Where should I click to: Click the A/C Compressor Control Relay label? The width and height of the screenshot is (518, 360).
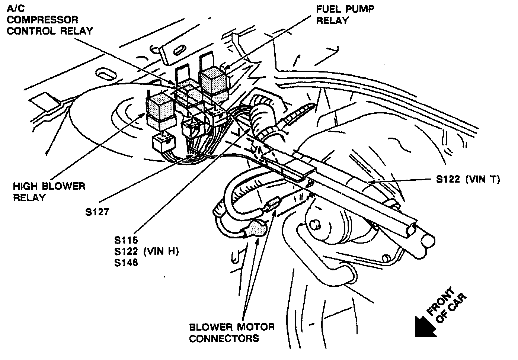[49, 20]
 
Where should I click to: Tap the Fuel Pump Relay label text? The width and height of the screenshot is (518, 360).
[345, 15]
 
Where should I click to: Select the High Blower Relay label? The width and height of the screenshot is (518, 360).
[49, 192]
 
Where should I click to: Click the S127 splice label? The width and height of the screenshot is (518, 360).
[97, 212]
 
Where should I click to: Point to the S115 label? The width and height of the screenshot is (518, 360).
[126, 240]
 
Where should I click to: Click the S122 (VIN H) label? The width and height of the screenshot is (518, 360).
[147, 251]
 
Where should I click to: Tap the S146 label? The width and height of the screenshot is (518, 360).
[126, 263]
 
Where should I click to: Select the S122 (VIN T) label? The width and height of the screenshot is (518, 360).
[468, 179]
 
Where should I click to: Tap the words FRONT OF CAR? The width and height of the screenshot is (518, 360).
[446, 305]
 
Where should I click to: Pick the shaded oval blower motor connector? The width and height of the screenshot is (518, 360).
[256, 229]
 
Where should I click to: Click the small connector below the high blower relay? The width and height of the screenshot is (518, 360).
[163, 142]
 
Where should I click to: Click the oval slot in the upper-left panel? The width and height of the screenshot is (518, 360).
[105, 74]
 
